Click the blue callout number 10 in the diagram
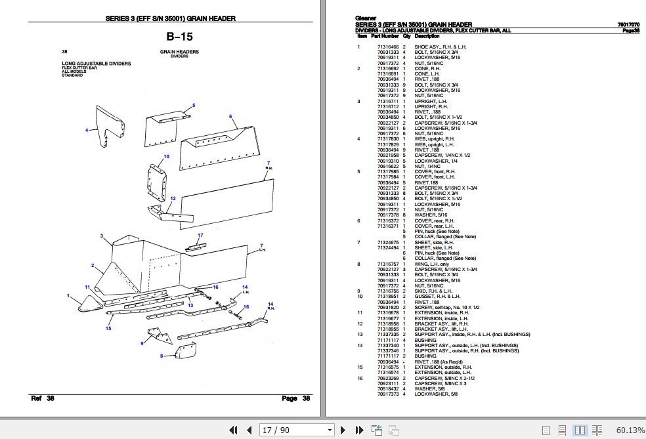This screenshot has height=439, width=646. pos(167,156)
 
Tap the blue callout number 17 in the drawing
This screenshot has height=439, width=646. pos(200,236)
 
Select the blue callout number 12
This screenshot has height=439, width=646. pos(173,198)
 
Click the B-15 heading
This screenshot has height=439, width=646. pos(180,37)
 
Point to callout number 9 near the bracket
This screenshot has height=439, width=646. pos(142,343)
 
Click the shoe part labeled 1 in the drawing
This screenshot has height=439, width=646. pos(89,304)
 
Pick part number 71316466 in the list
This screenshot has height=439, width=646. pos(388,47)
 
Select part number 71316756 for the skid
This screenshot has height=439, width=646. pos(388,291)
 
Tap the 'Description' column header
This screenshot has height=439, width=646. pos(427,36)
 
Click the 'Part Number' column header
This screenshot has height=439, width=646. pos(385,36)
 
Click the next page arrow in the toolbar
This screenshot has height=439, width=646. pos(343,430)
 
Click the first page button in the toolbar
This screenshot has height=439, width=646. pos(233,430)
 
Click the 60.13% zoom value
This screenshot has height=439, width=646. pos(630,430)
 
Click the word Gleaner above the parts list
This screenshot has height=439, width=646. pos(366,18)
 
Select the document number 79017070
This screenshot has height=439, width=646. pos(629,25)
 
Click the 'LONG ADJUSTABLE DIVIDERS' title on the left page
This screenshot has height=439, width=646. pos(97,64)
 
